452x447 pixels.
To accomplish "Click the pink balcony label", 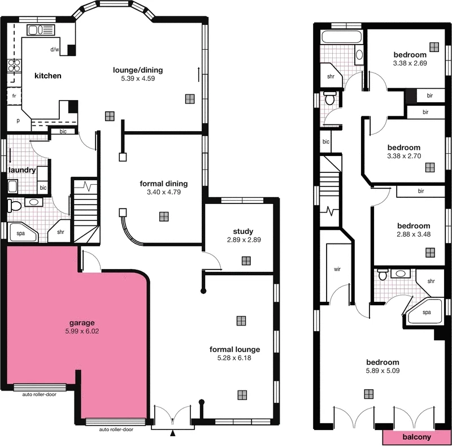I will [x=417, y=437].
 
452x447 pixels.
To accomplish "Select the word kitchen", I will [x=48, y=76].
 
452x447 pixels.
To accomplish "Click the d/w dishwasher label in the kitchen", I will [x=54, y=50].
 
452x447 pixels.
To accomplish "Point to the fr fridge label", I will [x=14, y=97].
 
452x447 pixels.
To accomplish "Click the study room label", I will [x=243, y=231].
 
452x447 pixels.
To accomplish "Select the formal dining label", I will [x=164, y=184].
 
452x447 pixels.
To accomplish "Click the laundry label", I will [x=22, y=170].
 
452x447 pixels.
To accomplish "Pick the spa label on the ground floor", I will [x=20, y=232].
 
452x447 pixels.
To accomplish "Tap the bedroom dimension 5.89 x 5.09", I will [x=383, y=371].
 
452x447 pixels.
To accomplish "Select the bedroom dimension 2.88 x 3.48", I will [x=413, y=234].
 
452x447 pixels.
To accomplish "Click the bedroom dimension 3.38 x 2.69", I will [x=410, y=63].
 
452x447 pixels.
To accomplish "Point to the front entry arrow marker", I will [x=173, y=433].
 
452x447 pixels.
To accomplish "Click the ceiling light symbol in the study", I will [x=246, y=261].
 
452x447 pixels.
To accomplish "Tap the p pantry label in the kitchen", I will [x=18, y=120].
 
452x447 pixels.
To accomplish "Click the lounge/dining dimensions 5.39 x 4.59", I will [x=137, y=79].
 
